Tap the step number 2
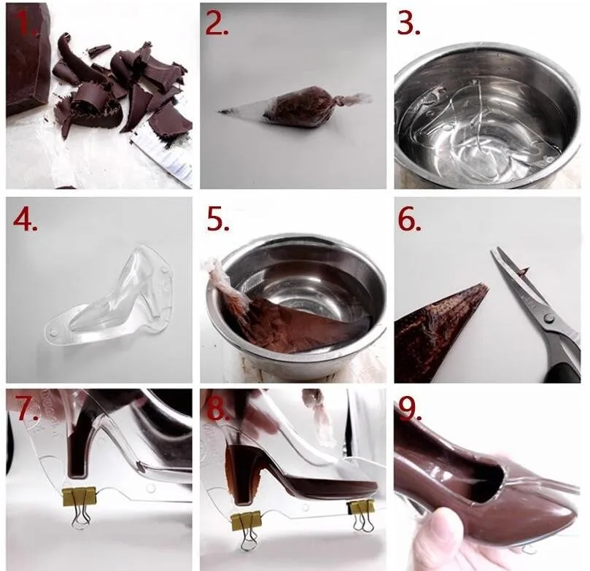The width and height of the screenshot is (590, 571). coord(217,25)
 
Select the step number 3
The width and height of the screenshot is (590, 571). coord(408,25)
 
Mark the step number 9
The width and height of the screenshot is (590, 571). coord(410,408)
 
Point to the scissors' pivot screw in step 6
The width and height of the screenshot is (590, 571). coord(548,318)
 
